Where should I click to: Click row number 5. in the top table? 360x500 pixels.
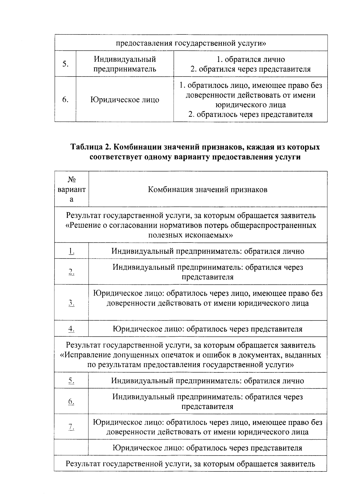coord(65,64)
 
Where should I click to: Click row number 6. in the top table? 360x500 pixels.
coord(65,100)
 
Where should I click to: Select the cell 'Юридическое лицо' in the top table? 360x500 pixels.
coord(124,100)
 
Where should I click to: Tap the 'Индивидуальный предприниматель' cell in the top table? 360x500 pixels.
coord(124,64)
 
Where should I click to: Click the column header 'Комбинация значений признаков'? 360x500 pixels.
coord(208,189)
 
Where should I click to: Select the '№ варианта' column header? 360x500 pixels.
coord(71,189)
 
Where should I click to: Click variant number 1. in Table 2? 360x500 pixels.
coord(71,251)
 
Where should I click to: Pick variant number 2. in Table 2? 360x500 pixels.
coord(71,272)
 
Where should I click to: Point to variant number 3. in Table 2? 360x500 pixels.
coord(71,303)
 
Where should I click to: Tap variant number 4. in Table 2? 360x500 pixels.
coord(71,329)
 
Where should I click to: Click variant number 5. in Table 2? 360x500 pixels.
coord(71,381)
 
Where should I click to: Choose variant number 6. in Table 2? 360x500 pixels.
coord(71,402)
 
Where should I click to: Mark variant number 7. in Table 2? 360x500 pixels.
coord(71,427)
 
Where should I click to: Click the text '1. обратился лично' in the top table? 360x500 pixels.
coord(250,59)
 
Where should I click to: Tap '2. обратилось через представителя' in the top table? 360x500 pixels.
coord(250,114)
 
